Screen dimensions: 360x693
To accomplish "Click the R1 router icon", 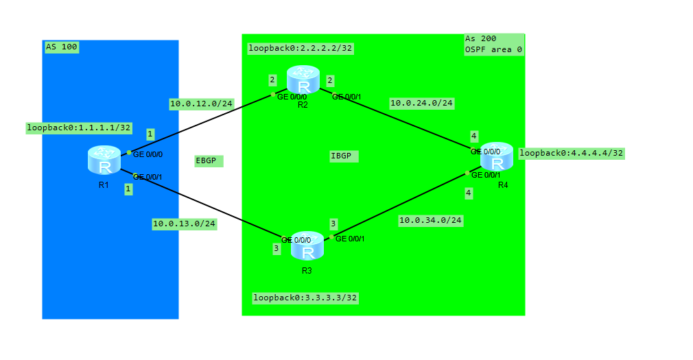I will (x=104, y=160).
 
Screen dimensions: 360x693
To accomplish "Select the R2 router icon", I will (x=303, y=80).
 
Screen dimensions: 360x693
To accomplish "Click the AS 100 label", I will (x=61, y=47).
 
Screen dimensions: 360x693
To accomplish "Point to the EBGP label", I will (x=206, y=160).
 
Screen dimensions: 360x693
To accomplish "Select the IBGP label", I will (x=341, y=156).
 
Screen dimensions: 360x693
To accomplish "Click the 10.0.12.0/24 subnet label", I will (x=201, y=104).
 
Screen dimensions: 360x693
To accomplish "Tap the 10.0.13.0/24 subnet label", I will (x=184, y=223).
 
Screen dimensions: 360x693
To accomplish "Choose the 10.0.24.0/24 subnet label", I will (x=421, y=103).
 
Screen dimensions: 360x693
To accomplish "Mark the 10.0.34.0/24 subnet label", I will (x=430, y=220).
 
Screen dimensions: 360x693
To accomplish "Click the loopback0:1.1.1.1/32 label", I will (x=78, y=128).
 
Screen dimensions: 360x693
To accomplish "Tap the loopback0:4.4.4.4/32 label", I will (x=571, y=153).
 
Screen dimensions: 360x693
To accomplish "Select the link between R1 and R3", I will (x=206, y=202).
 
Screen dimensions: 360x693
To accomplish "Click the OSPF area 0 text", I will (x=493, y=49).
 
